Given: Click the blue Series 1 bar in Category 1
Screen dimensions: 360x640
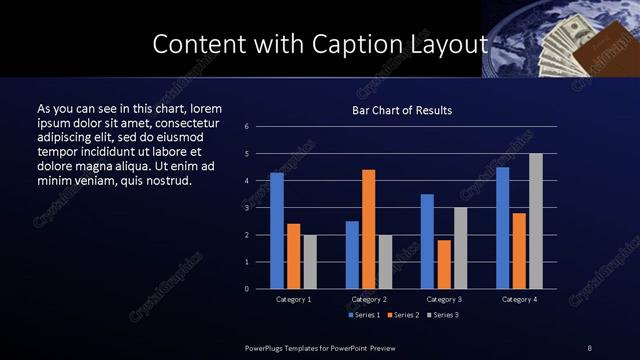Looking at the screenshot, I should pyautogui.click(x=277, y=231).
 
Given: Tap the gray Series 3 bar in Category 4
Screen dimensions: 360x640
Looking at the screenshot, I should pyautogui.click(x=536, y=221).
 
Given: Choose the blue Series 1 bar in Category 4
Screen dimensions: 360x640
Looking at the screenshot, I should pyautogui.click(x=503, y=228).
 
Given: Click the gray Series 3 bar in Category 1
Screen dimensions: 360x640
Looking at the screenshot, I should pyautogui.click(x=310, y=262).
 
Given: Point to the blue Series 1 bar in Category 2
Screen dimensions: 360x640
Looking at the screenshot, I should pyautogui.click(x=352, y=255).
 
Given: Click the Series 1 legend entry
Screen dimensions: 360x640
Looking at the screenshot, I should pyautogui.click(x=365, y=315).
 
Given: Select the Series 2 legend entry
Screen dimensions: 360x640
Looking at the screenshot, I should pyautogui.click(x=401, y=315).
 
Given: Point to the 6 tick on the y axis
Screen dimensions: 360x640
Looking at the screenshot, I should pyautogui.click(x=247, y=127).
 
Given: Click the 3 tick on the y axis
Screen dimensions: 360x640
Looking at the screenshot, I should pyautogui.click(x=247, y=208).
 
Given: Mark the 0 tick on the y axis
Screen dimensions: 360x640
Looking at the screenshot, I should pyautogui.click(x=247, y=289).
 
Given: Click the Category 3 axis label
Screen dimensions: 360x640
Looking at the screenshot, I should pyautogui.click(x=444, y=299).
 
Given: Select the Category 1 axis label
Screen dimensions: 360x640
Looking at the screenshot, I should pyautogui.click(x=294, y=299).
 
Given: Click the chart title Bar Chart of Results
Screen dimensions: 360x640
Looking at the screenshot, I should pyautogui.click(x=402, y=110).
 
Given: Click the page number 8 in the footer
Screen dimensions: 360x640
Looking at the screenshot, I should pyautogui.click(x=591, y=346).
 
